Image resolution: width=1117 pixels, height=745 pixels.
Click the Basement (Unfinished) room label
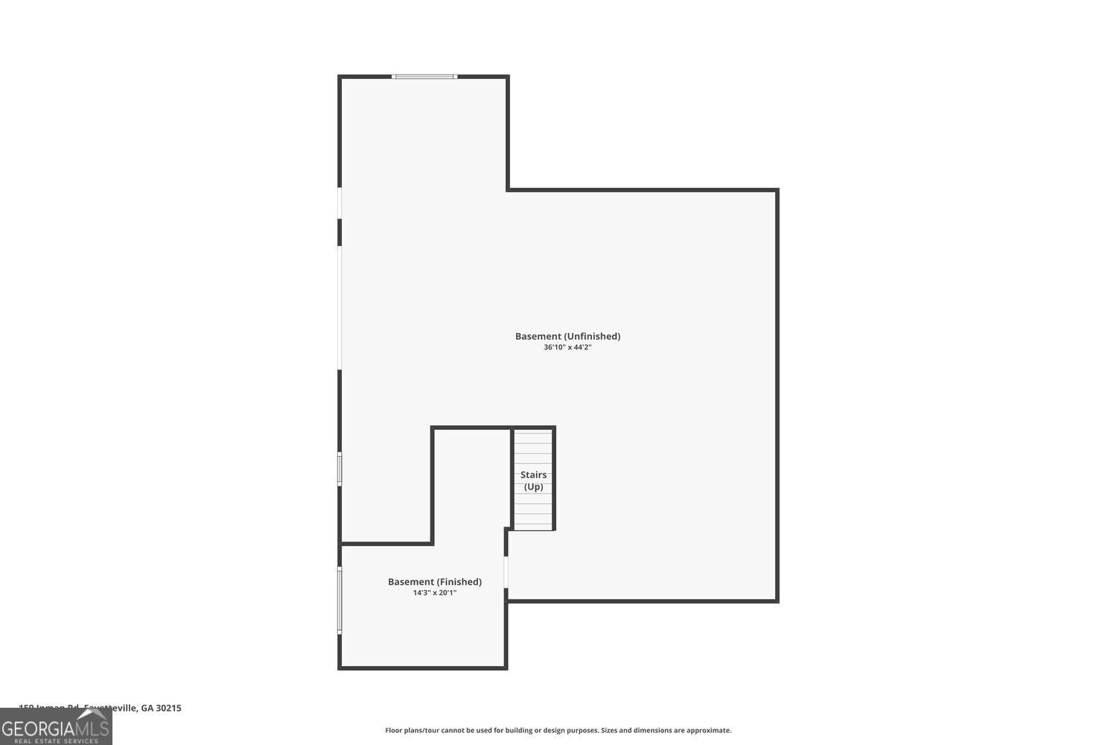coord(567,336)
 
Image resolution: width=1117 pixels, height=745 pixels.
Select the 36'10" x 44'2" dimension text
coord(567,347)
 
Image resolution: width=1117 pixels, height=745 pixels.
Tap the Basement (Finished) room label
coord(435,582)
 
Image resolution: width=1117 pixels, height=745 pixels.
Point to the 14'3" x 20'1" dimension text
coord(435,593)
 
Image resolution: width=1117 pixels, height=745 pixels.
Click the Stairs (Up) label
coord(533,481)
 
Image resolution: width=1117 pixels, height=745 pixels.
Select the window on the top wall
coord(424,76)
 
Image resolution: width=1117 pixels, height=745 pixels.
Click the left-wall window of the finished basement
coord(340,600)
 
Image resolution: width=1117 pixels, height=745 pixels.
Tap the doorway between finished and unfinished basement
coord(506,572)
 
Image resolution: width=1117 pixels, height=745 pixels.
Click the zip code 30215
coord(168,708)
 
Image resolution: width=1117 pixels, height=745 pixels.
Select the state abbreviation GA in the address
coord(147,708)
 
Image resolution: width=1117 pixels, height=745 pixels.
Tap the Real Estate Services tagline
coord(56,741)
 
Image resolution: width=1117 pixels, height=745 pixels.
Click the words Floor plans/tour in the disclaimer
coord(412,731)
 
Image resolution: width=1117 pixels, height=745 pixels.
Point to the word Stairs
coord(533,475)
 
